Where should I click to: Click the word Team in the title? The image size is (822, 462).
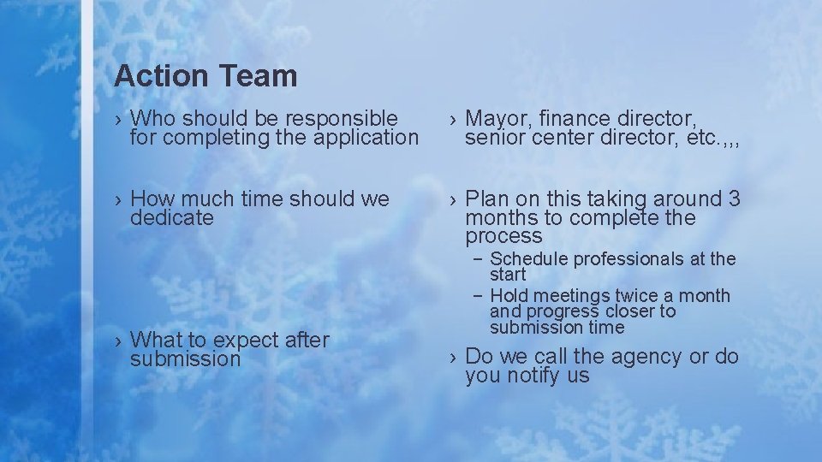click(x=256, y=76)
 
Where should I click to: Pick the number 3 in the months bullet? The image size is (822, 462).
click(x=734, y=198)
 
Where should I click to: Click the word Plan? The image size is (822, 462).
click(x=486, y=198)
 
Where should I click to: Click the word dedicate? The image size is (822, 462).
click(x=172, y=218)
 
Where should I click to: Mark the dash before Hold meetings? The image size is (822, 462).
click(x=476, y=296)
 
